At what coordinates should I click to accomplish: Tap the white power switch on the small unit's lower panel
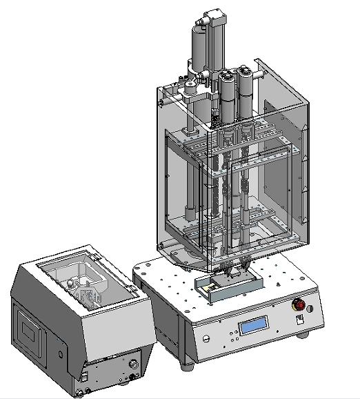84,376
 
